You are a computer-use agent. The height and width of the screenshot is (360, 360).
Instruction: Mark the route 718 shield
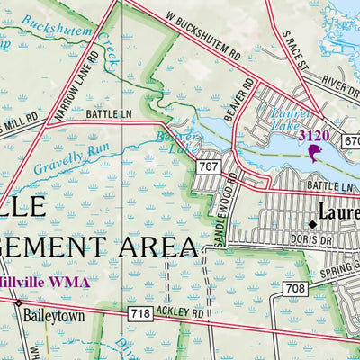[139, 313]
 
